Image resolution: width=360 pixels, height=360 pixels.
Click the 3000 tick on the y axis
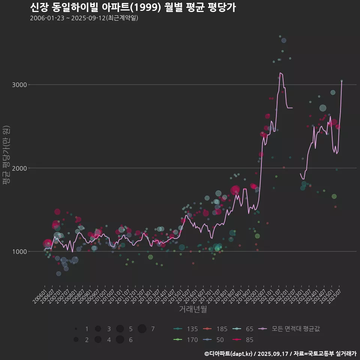point(20,85)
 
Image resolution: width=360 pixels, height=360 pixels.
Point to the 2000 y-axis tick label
point(20,168)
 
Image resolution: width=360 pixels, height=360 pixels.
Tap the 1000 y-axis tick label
point(20,252)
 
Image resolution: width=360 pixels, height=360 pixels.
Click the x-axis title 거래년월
point(193,309)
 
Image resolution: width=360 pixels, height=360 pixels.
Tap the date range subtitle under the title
point(84,18)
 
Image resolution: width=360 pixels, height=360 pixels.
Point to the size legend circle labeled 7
point(142,329)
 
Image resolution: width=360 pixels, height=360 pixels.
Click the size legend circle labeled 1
point(76,329)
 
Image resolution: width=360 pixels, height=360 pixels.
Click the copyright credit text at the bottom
point(280,353)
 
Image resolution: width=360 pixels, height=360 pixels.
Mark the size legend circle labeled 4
point(98,340)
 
